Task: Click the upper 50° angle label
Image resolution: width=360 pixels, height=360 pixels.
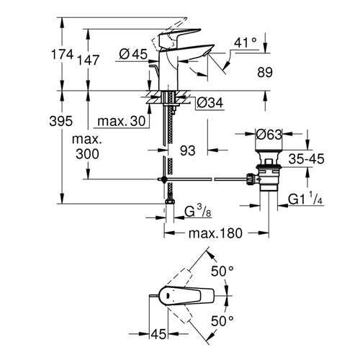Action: point(224,270)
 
